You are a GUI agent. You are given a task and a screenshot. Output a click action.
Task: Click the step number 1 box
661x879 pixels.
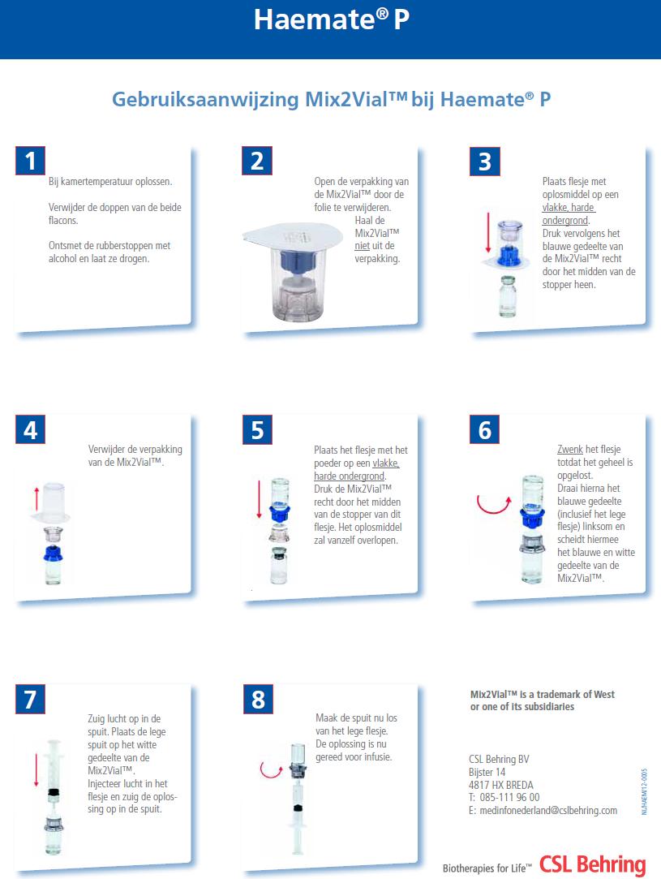pyautogui.click(x=30, y=161)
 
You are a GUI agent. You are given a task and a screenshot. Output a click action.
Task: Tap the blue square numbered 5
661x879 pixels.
pyautogui.click(x=258, y=430)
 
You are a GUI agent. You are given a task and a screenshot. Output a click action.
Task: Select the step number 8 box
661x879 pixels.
pyautogui.click(x=258, y=699)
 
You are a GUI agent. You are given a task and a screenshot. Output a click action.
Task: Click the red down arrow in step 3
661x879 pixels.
pyautogui.click(x=488, y=233)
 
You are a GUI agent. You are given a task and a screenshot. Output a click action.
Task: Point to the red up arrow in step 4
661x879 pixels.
pyautogui.click(x=37, y=498)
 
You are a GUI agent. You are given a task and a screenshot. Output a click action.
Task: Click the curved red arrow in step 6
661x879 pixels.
pyautogui.click(x=493, y=505)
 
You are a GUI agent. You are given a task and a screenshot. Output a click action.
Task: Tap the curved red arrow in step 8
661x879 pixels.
pyautogui.click(x=271, y=769)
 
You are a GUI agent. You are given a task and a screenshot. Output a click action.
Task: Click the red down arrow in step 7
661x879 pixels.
pyautogui.click(x=36, y=769)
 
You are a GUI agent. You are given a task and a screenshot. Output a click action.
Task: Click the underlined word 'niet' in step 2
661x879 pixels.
pyautogui.click(x=362, y=246)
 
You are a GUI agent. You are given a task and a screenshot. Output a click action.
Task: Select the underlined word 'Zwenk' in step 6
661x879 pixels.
pyautogui.click(x=570, y=449)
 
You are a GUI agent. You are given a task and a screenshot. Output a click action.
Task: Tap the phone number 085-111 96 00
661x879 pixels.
pyautogui.click(x=510, y=797)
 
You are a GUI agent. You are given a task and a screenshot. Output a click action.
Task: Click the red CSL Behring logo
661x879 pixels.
pyautogui.click(x=593, y=864)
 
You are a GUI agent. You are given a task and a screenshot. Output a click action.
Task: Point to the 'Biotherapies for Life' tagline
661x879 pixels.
pyautogui.click(x=487, y=868)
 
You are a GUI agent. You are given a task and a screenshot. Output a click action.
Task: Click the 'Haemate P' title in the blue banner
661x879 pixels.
pyautogui.click(x=332, y=19)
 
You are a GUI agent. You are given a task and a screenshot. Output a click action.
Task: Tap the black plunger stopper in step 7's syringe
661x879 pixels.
pyautogui.click(x=54, y=791)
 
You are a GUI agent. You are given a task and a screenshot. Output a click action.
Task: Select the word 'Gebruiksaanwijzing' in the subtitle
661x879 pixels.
pyautogui.click(x=205, y=100)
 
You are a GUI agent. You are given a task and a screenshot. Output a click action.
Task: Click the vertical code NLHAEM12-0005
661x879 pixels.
pyautogui.click(x=644, y=791)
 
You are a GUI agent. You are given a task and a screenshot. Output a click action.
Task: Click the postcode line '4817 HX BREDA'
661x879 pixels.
pyautogui.click(x=500, y=785)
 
